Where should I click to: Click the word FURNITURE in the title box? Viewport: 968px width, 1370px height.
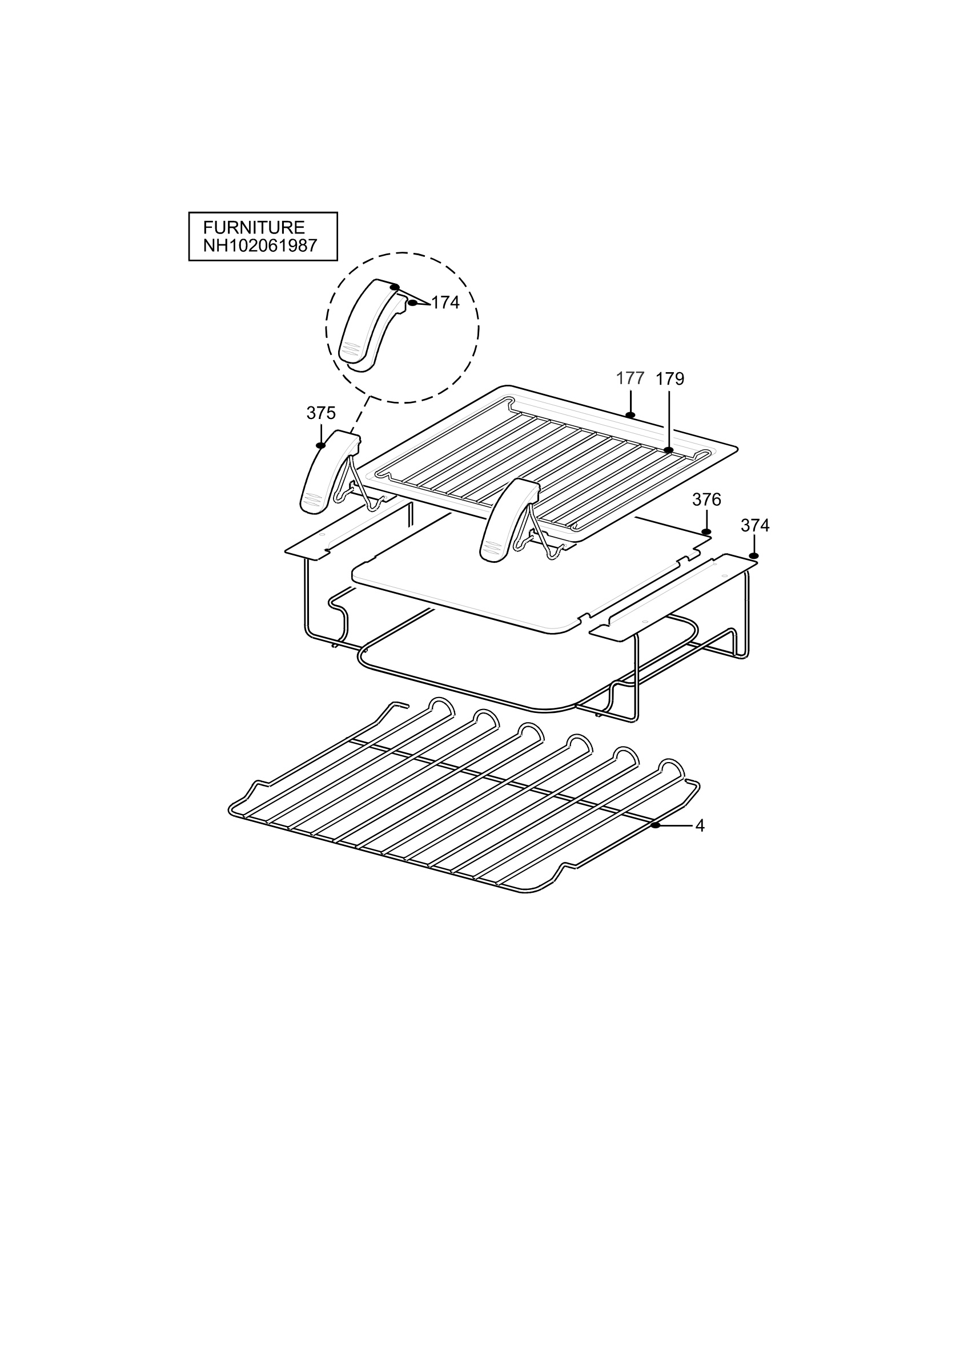point(254,227)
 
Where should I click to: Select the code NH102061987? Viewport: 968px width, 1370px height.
point(260,246)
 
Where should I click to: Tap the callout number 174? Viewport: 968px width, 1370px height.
point(445,303)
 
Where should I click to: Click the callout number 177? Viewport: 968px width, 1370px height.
point(630,378)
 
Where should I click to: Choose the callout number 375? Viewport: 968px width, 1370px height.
point(321,413)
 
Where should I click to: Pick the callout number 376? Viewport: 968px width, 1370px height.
point(706,499)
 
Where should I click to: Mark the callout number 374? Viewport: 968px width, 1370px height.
point(755,526)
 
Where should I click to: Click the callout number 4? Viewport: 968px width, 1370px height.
point(700,826)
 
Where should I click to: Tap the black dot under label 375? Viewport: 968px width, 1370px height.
point(321,445)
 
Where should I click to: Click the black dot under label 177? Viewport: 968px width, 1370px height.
point(630,414)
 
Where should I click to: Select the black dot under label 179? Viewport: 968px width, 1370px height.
point(668,450)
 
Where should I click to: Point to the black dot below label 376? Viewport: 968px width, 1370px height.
point(706,531)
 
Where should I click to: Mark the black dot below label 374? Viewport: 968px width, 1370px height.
point(754,556)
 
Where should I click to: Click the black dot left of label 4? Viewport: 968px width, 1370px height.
point(655,825)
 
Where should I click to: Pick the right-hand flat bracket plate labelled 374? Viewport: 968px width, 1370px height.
point(673,597)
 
